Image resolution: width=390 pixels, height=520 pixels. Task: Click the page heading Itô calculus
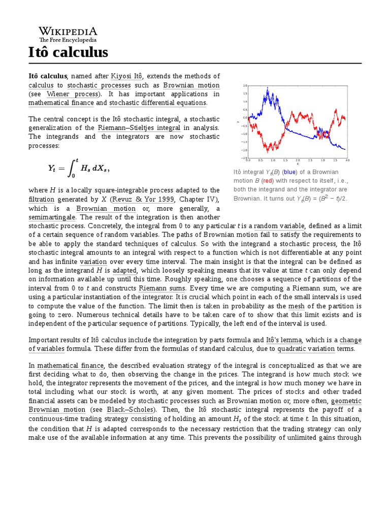coord(68,52)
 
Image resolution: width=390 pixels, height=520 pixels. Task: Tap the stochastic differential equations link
coord(157,103)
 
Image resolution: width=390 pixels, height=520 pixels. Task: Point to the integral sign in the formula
coord(72,168)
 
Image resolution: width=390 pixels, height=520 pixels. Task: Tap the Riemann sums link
coord(158,288)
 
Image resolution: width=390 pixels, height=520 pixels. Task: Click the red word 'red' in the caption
coord(267,180)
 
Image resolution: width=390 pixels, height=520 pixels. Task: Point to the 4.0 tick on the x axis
coord(347,160)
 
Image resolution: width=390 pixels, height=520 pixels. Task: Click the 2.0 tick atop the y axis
coord(245,85)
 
